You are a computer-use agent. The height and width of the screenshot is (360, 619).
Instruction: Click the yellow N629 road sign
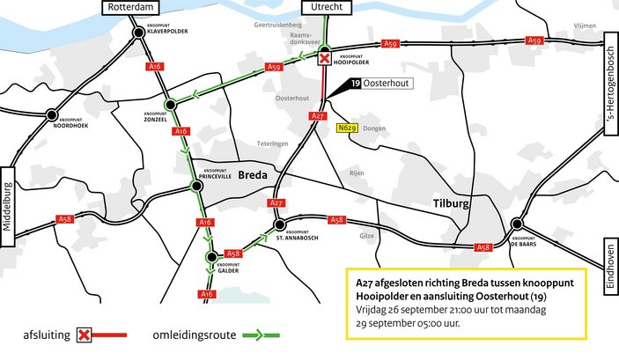click(347, 129)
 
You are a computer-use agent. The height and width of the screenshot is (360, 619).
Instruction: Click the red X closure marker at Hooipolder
click(324, 59)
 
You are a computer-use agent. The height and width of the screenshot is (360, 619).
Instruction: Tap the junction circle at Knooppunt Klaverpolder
click(139, 33)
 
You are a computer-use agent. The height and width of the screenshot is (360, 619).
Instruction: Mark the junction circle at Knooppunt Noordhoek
click(52, 115)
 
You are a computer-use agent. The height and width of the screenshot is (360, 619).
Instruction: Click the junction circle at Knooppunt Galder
click(211, 257)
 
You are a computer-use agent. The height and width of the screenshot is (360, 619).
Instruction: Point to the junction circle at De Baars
click(517, 224)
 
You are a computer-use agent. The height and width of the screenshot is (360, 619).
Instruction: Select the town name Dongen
click(373, 129)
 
